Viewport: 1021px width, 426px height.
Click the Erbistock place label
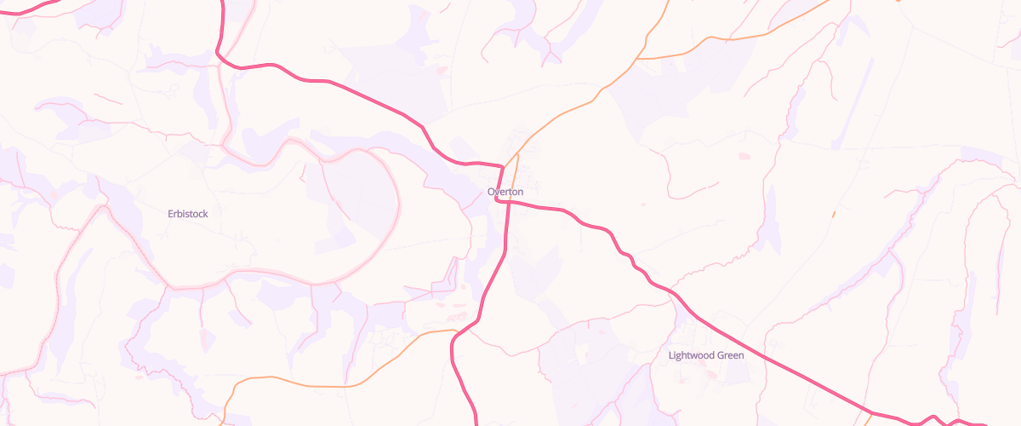[187, 214]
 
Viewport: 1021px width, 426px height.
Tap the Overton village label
[505, 193]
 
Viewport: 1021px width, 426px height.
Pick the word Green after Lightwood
[731, 355]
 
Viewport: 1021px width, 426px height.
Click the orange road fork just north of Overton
[518, 154]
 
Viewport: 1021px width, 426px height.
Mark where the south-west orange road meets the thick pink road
[459, 331]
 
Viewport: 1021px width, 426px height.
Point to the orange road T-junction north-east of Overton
[638, 59]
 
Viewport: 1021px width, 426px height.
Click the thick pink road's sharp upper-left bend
[220, 56]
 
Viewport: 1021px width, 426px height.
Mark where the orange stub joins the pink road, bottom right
[871, 413]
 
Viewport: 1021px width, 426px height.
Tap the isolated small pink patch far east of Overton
[745, 156]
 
